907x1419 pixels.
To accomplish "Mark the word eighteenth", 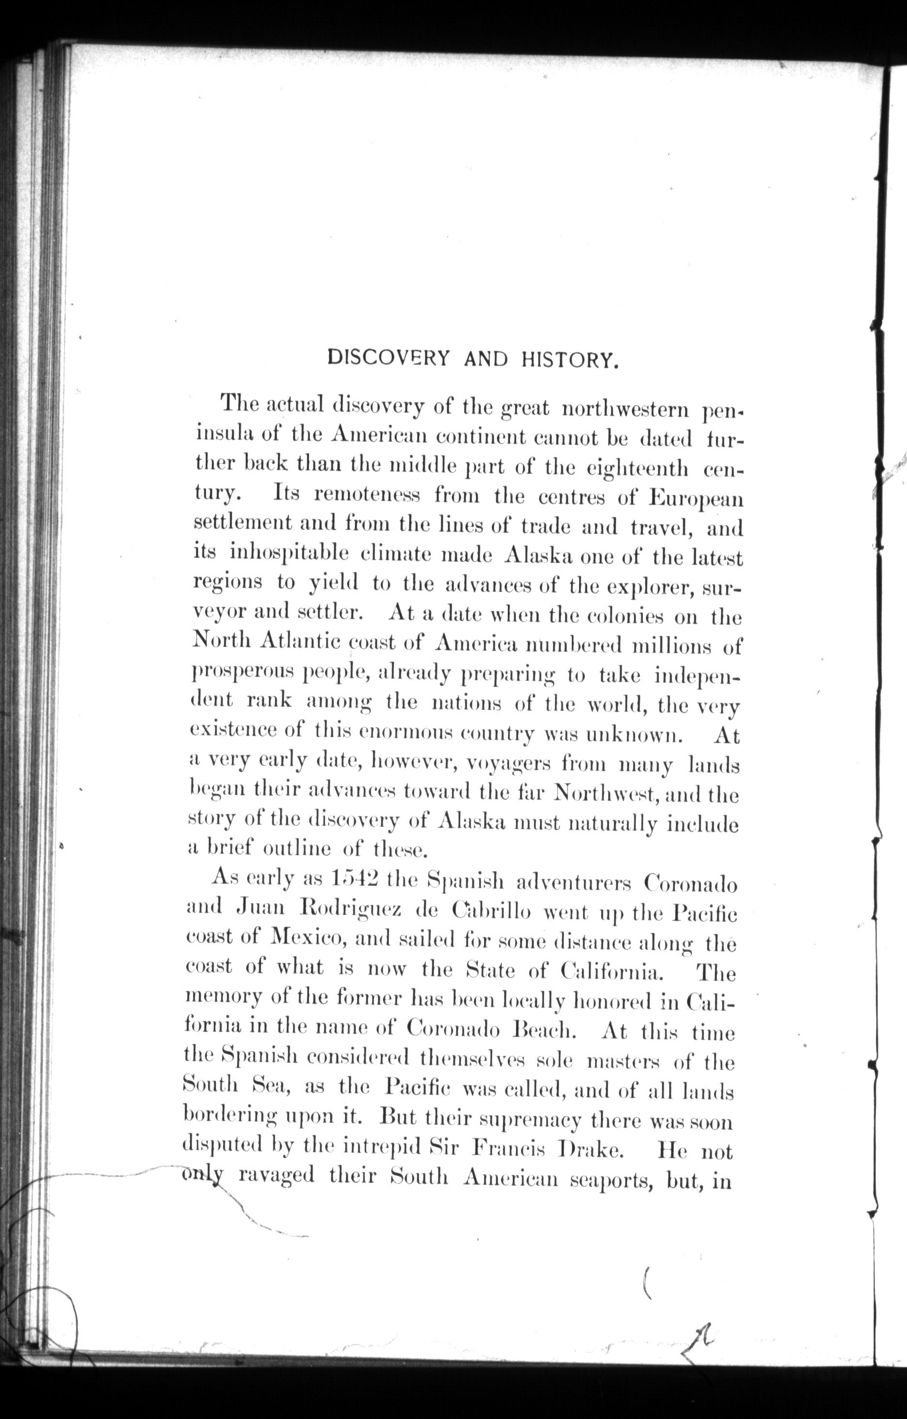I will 637,469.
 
